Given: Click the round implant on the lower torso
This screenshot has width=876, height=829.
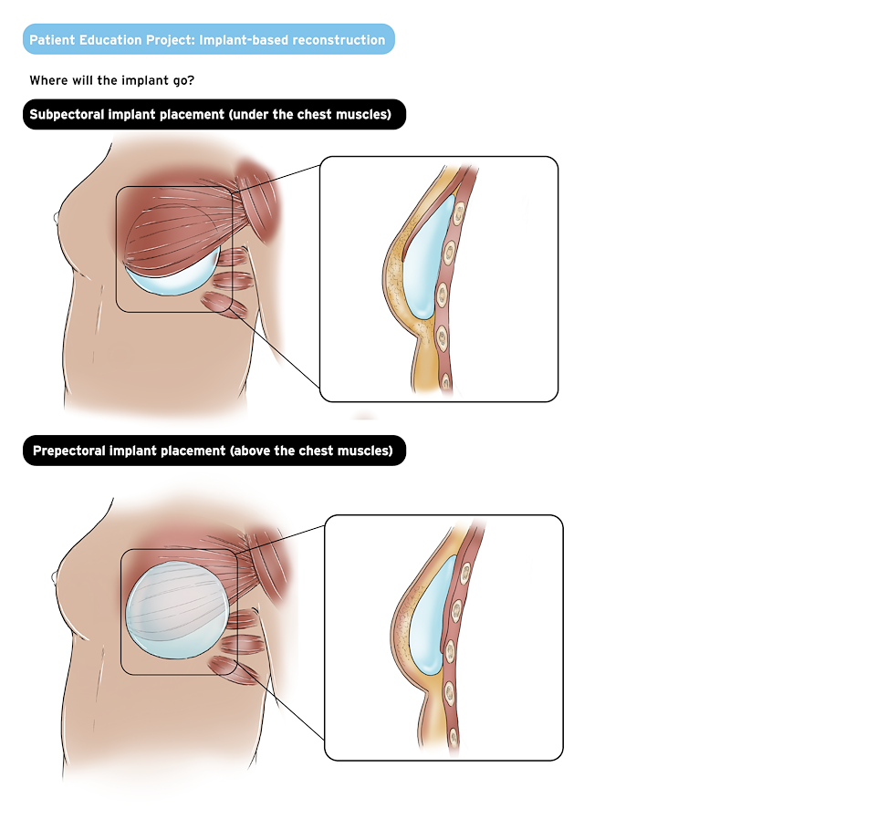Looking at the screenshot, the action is click(x=176, y=609).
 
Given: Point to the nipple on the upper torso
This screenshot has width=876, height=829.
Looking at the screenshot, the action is click(x=56, y=217).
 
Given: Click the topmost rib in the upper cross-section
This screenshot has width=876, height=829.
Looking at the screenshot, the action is click(x=459, y=213).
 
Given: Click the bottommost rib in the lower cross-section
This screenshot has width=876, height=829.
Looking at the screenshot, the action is click(x=454, y=738).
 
